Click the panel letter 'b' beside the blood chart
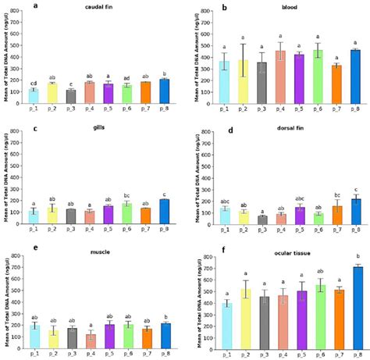click(x=204, y=6)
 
